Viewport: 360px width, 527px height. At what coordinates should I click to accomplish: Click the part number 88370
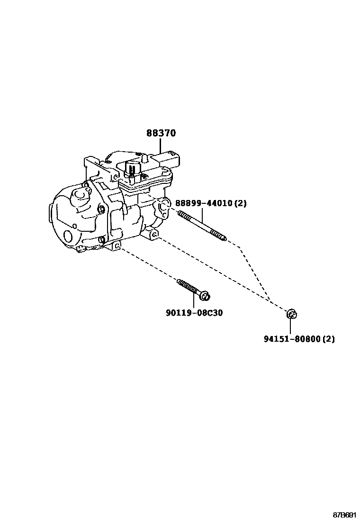pyautogui.click(x=161, y=133)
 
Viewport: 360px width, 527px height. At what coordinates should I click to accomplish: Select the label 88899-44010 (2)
pyautogui.click(x=211, y=203)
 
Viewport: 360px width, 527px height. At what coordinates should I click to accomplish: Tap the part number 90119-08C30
pyautogui.click(x=194, y=313)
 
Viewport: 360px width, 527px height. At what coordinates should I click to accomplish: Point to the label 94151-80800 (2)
pyautogui.click(x=299, y=339)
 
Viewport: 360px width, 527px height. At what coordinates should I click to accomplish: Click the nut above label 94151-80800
pyautogui.click(x=291, y=314)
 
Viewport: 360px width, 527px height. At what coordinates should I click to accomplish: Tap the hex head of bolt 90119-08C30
pyautogui.click(x=205, y=296)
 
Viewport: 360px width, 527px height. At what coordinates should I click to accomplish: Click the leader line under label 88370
pyautogui.click(x=161, y=145)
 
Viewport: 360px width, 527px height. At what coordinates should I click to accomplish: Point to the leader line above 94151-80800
pyautogui.click(x=290, y=326)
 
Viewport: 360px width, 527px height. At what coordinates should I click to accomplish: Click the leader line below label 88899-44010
pyautogui.click(x=202, y=216)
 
